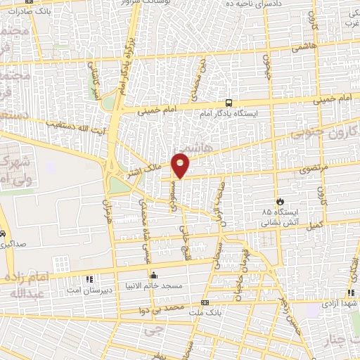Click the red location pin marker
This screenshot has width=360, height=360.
pyautogui.click(x=181, y=165)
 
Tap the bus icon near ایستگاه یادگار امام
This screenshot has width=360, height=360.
pyautogui.click(x=229, y=103)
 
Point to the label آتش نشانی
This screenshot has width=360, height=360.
pyautogui.click(x=281, y=222)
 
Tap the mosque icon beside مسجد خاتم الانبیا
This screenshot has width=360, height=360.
pyautogui.click(x=153, y=276)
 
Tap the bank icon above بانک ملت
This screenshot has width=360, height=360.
pyautogui.click(x=205, y=302)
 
